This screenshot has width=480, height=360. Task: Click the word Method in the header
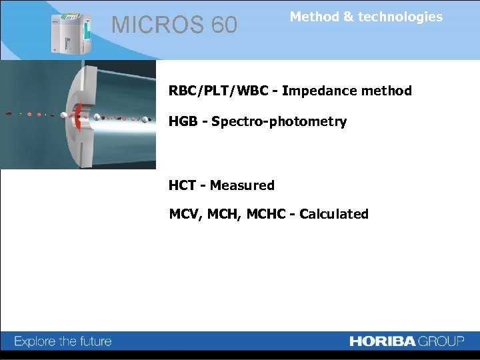(315, 17)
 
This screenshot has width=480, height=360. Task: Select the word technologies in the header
(400, 17)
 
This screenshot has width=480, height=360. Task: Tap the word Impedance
(317, 91)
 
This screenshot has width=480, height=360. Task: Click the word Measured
(242, 185)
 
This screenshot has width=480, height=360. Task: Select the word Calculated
(333, 214)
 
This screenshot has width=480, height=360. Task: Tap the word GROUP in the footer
(441, 341)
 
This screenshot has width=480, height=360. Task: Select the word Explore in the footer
(35, 342)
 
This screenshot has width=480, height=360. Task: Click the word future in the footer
(95, 342)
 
